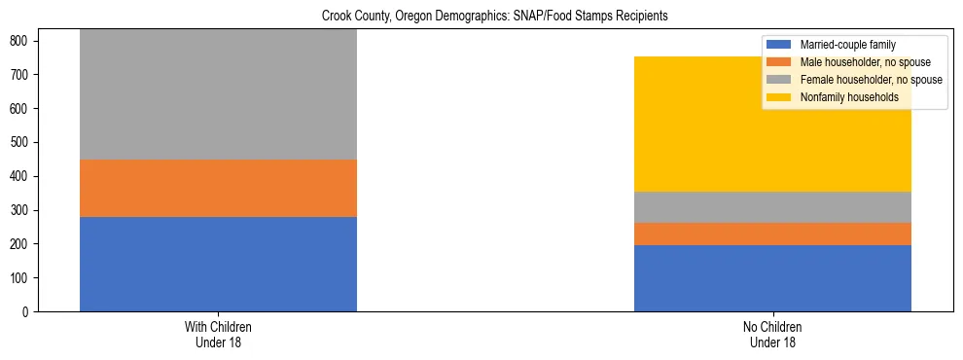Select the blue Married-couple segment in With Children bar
218,264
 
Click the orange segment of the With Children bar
218,188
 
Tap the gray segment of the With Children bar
218,94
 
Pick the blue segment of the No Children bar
772,278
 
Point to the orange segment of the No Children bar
772,234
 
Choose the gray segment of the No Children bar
772,207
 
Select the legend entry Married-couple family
847,45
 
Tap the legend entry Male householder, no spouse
861,62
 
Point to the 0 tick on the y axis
27,312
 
